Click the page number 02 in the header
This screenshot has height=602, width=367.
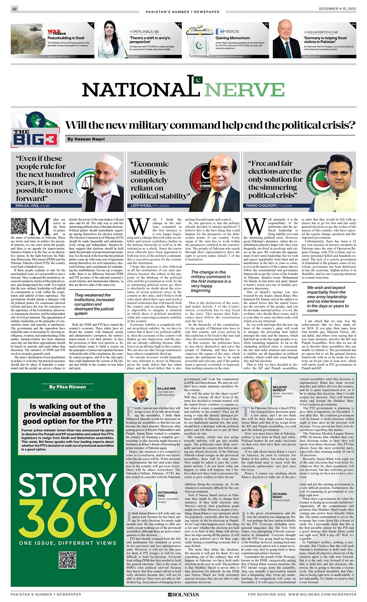pos(14,9)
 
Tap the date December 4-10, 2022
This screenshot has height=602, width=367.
pos(337,9)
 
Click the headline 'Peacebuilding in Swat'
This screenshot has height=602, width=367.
pos(66,38)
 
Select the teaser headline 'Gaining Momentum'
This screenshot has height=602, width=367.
pos(233,38)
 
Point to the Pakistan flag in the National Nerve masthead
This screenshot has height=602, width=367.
pos(197,80)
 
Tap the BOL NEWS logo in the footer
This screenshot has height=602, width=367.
pos(183,594)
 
